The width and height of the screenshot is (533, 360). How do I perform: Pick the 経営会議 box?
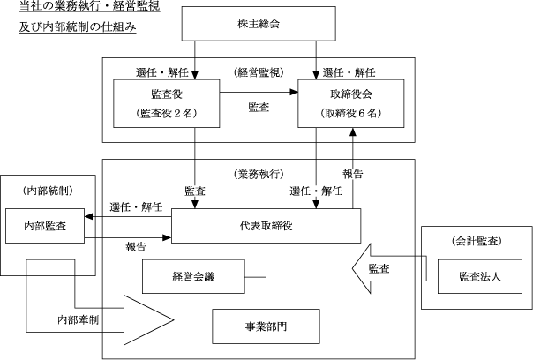(193, 278)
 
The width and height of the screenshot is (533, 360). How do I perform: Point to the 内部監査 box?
(44, 225)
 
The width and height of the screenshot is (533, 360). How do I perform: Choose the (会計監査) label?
(476, 239)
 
